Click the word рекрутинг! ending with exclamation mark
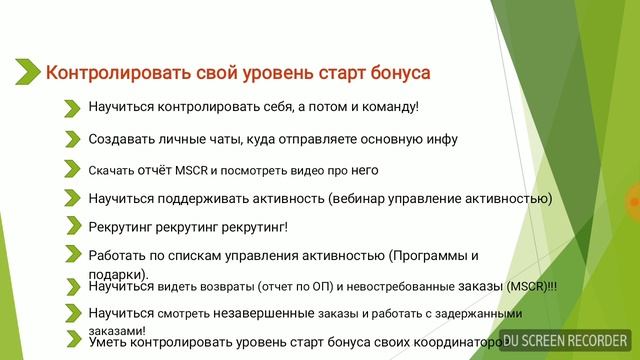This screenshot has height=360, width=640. pos(257,227)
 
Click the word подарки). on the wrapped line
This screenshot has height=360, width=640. pos(118,273)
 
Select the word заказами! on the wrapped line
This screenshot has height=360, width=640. pos(117,330)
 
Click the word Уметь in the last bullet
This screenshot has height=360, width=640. pos(106,342)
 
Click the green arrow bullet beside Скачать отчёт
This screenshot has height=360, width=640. pos(72,169)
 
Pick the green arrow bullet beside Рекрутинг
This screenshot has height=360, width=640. pos(72,227)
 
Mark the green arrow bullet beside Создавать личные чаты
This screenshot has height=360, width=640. pos(72,139)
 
